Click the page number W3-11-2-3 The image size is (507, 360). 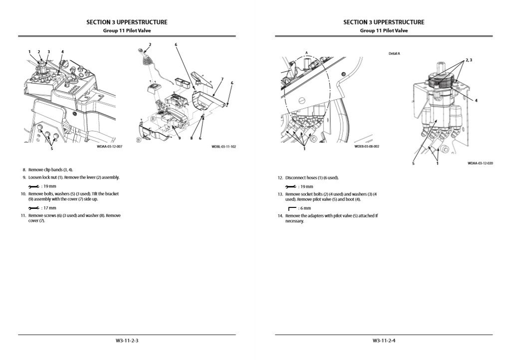coord(127,341)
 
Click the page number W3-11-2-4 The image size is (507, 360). coord(384,341)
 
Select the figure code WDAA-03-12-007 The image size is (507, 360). coord(110,147)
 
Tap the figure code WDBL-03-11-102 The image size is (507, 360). coord(224,147)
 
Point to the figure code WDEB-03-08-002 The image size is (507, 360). coord(367,147)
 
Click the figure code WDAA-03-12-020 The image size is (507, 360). coord(480,164)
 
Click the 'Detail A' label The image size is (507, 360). coord(394,54)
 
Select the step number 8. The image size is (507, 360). coord(24,170)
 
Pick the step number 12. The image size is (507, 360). coord(280,178)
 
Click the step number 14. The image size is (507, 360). coord(280,216)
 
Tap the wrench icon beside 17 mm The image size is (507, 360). coord(33,208)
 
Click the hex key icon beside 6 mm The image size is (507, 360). coord(292,208)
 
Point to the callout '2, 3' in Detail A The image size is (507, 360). coord(469,60)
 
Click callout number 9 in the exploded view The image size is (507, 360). coord(180,138)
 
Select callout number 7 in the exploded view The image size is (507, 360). coord(222,79)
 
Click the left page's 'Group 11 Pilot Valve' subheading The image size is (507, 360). coord(127,31)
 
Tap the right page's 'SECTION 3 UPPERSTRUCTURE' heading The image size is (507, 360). coord(384,22)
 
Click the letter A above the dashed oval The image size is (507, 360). coord(307,53)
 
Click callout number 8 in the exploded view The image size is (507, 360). coord(192,138)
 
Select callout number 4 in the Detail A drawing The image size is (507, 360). coord(476,101)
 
